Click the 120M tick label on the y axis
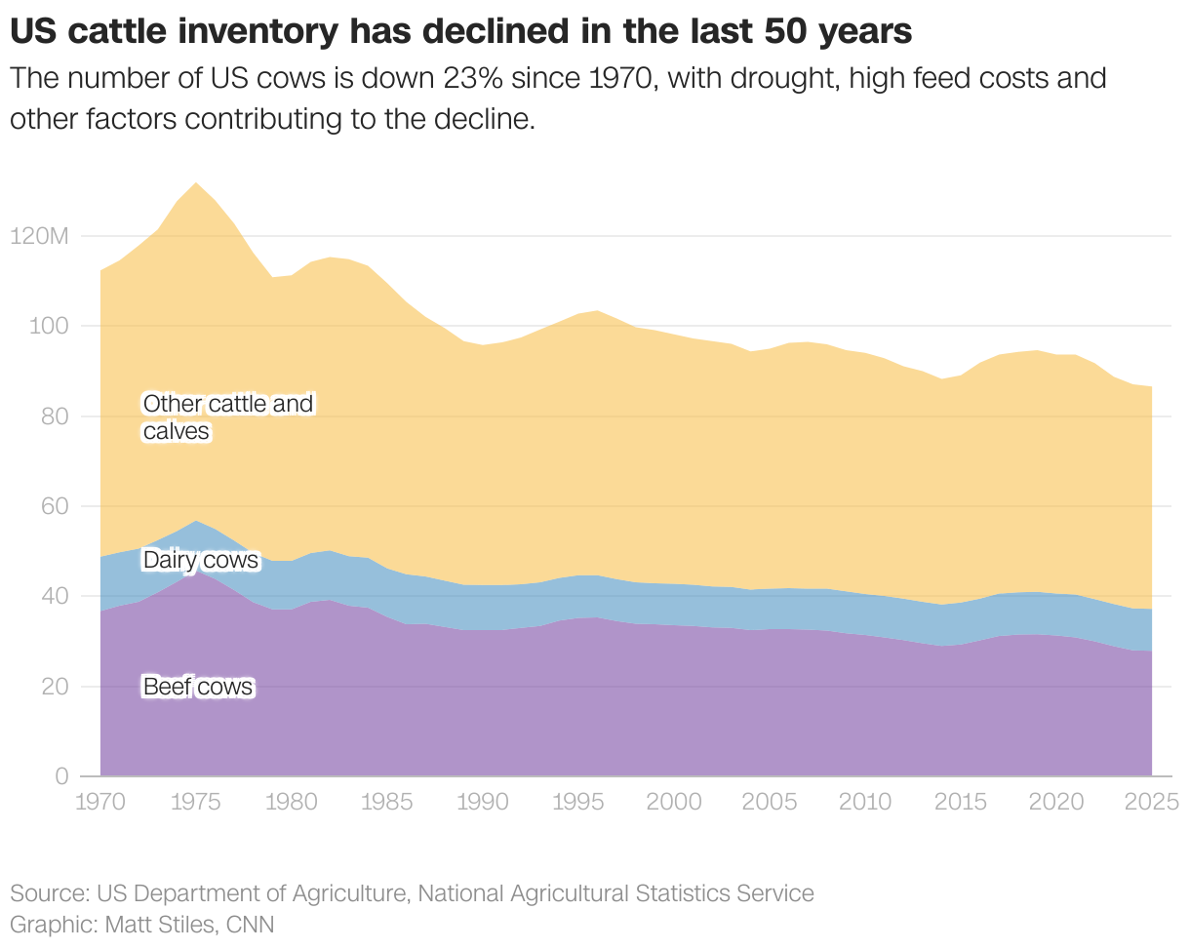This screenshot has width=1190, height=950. click(39, 236)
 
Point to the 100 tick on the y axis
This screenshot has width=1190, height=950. click(48, 326)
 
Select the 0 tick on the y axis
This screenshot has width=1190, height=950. click(61, 776)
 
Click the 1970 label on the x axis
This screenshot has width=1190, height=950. click(100, 803)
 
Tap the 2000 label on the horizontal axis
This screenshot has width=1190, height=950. click(674, 803)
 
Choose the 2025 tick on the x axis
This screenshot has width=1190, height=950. click(1152, 803)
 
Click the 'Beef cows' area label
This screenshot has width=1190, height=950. click(198, 688)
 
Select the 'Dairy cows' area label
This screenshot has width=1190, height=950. click(201, 560)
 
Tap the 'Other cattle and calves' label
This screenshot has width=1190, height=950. click(228, 417)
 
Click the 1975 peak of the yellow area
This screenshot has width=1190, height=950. click(196, 183)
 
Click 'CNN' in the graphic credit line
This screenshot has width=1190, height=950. click(250, 924)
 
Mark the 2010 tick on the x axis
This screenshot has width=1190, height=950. click(865, 803)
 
